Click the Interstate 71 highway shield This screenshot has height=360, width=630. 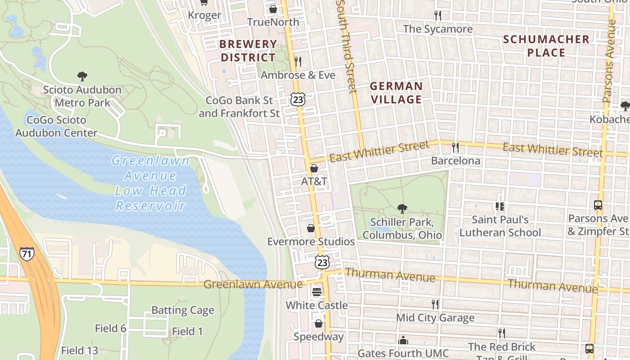[x=27, y=253]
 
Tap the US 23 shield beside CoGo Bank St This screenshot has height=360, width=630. [x=297, y=99]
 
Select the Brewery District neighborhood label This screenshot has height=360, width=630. [x=248, y=51]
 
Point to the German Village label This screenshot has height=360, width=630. [x=396, y=93]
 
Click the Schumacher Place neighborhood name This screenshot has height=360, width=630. [x=546, y=46]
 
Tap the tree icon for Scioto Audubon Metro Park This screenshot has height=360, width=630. [x=82, y=76]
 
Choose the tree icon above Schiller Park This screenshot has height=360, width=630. [x=402, y=209]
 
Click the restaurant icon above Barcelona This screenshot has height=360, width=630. [x=455, y=147]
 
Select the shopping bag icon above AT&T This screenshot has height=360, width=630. [x=314, y=168]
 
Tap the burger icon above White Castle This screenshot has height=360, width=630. [x=317, y=292]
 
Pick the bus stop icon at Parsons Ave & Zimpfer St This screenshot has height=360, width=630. [x=598, y=205]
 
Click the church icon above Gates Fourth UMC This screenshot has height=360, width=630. [x=403, y=340]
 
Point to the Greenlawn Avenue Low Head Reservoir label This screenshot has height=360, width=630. [x=150, y=183]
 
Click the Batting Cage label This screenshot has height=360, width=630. [x=183, y=310]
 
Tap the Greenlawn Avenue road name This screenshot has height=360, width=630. [x=253, y=284]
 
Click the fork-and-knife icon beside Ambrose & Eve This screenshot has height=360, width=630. [x=297, y=61]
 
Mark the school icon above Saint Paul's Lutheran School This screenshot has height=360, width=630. [x=499, y=207]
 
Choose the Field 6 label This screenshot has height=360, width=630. [x=111, y=328]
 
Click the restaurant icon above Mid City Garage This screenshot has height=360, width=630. [x=435, y=305]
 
